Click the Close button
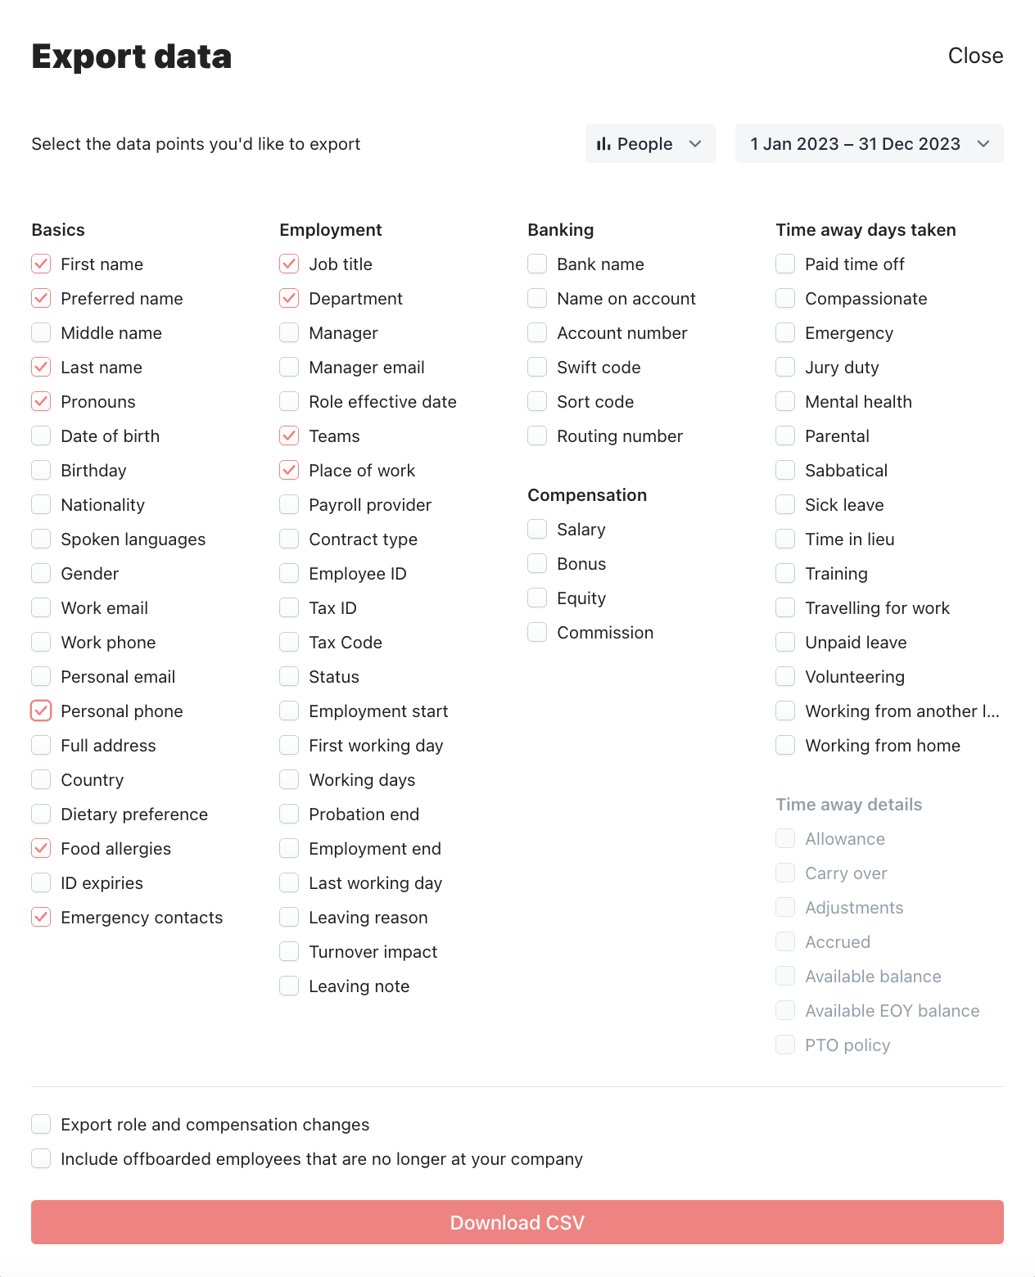(975, 56)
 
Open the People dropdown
(650, 143)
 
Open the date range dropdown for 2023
(869, 143)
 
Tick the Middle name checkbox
(41, 333)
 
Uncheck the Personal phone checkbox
(41, 711)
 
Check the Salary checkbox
(537, 530)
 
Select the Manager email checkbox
(289, 368)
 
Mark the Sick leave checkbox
(785, 505)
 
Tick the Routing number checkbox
(537, 436)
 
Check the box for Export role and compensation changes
(41, 1124)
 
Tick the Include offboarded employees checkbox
(41, 1158)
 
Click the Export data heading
(132, 56)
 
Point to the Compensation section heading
(587, 495)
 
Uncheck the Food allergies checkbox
(41, 849)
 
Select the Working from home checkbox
(785, 746)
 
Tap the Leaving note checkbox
(289, 986)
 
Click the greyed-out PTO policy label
(847, 1045)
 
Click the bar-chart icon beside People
(603, 144)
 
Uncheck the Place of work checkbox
(289, 471)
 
